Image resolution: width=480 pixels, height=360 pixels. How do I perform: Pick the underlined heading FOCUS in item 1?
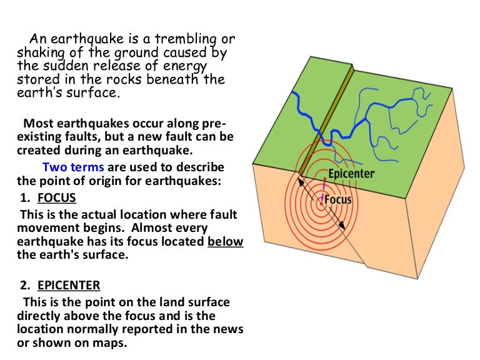[x=56, y=197]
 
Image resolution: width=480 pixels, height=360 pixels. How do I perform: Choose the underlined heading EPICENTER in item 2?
[x=68, y=285]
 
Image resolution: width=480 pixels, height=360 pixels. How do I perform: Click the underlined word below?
[x=225, y=241]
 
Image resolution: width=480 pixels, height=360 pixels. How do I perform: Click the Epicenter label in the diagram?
[x=351, y=173]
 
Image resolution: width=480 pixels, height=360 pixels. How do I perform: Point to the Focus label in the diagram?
[x=338, y=200]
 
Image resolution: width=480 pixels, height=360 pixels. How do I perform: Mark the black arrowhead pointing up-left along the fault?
[x=300, y=182]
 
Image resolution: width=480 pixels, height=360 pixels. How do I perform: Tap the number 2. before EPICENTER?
[x=26, y=285]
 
